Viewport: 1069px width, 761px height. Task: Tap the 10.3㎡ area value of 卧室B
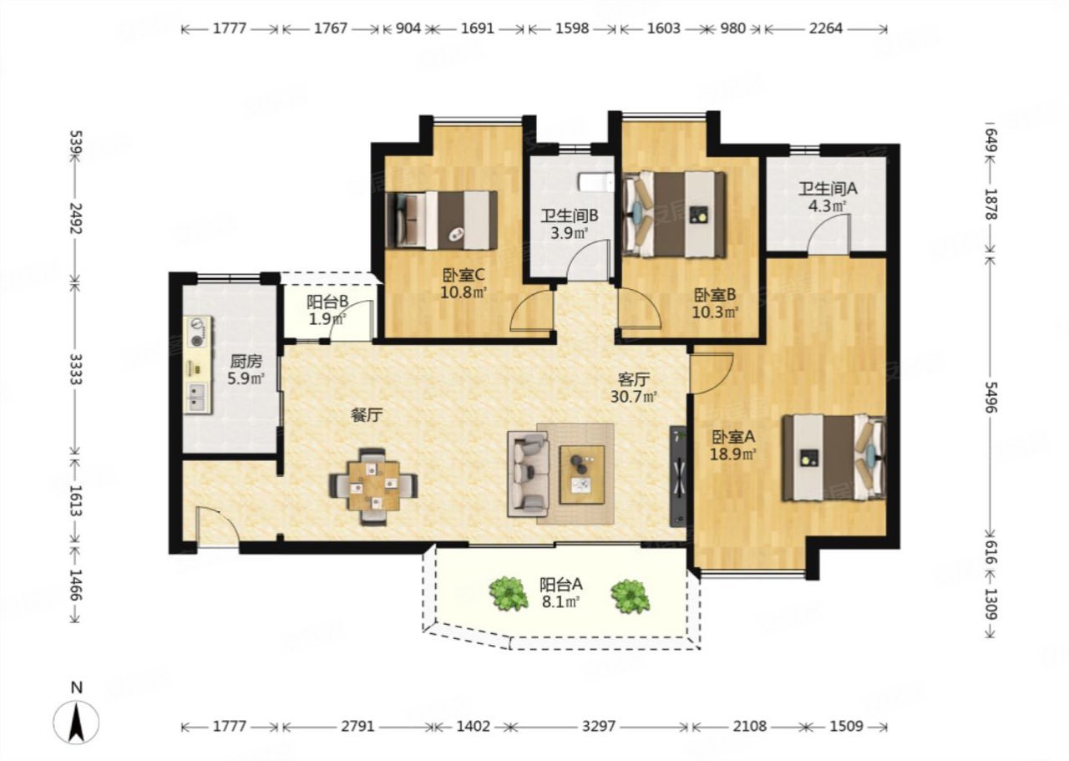pos(716,312)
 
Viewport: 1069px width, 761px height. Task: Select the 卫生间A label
pos(828,189)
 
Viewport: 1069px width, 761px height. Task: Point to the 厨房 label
pos(246,361)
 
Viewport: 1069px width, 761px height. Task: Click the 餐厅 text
pos(367,415)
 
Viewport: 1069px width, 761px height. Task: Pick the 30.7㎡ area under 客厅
pos(634,397)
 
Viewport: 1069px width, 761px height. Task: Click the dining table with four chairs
pos(373,486)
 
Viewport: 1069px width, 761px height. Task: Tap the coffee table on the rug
pos(582,474)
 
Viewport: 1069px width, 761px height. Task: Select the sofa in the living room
pos(529,474)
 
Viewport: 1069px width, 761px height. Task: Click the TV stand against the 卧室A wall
pos(678,476)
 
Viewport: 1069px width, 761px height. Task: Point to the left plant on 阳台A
pos(509,593)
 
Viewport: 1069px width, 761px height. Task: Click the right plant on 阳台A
pos(631,596)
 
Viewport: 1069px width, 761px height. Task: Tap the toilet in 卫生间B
pos(596,182)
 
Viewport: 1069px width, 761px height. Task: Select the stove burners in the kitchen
pos(196,332)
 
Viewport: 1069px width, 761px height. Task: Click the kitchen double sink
pos(196,397)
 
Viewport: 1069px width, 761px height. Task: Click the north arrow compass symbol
pos(76,722)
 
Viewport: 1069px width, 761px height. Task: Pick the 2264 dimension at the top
pos(826,28)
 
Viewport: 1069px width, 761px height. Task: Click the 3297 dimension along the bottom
pos(599,726)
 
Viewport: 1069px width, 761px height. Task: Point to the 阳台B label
pos(327,302)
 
